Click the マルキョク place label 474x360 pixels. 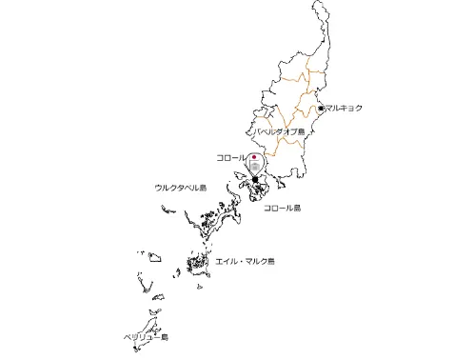tap(344, 109)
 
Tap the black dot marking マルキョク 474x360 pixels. tap(321, 109)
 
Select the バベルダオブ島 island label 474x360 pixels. tap(279, 131)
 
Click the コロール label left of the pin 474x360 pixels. tap(231, 156)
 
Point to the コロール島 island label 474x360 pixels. tap(282, 208)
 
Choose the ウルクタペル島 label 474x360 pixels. tap(180, 189)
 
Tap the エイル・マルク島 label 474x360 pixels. tap(245, 260)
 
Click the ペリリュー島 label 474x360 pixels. tap(146, 337)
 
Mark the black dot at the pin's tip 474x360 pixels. tap(255, 178)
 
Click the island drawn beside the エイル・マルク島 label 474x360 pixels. tap(198, 264)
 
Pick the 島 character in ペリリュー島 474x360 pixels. tap(164, 337)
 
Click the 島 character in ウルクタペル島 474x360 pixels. tap(202, 189)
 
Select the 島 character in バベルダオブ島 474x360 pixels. tap(301, 131)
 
